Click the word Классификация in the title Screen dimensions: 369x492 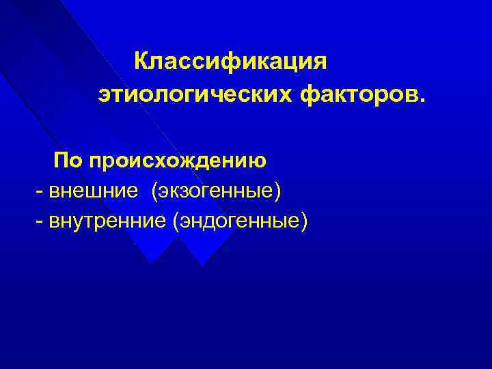231,61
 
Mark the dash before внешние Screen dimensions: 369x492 39,192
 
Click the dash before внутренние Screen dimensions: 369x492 39,221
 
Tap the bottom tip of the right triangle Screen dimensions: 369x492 200,264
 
